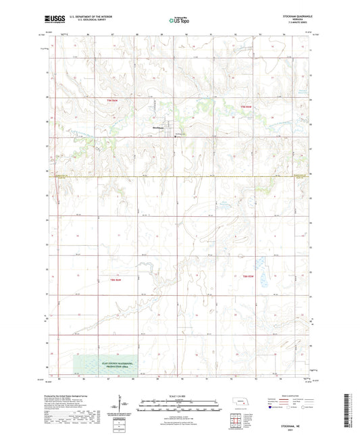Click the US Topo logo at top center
[x=179, y=20]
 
